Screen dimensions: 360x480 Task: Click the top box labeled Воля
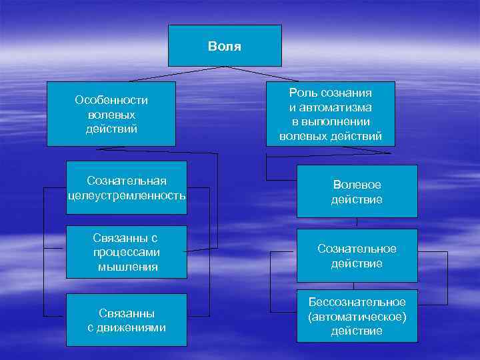224,45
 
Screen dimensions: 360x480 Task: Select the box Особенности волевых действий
111,113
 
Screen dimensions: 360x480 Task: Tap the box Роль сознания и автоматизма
331,114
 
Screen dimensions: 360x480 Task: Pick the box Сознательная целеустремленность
127,188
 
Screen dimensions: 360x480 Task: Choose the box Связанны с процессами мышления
127,253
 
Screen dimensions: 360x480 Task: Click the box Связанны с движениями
127,320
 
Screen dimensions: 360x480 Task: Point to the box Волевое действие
357,191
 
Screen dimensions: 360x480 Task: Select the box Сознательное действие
357,255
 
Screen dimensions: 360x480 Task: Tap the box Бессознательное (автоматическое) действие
357,317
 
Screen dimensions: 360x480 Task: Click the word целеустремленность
127,195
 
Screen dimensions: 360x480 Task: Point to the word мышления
127,267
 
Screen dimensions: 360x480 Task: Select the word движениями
127,327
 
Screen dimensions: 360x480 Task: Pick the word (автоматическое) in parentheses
357,317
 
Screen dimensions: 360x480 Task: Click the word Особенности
111,100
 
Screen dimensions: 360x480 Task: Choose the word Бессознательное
357,303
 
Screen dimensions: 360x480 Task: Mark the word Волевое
357,185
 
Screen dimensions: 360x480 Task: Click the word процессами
127,253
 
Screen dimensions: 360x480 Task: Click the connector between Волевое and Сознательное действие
357,223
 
